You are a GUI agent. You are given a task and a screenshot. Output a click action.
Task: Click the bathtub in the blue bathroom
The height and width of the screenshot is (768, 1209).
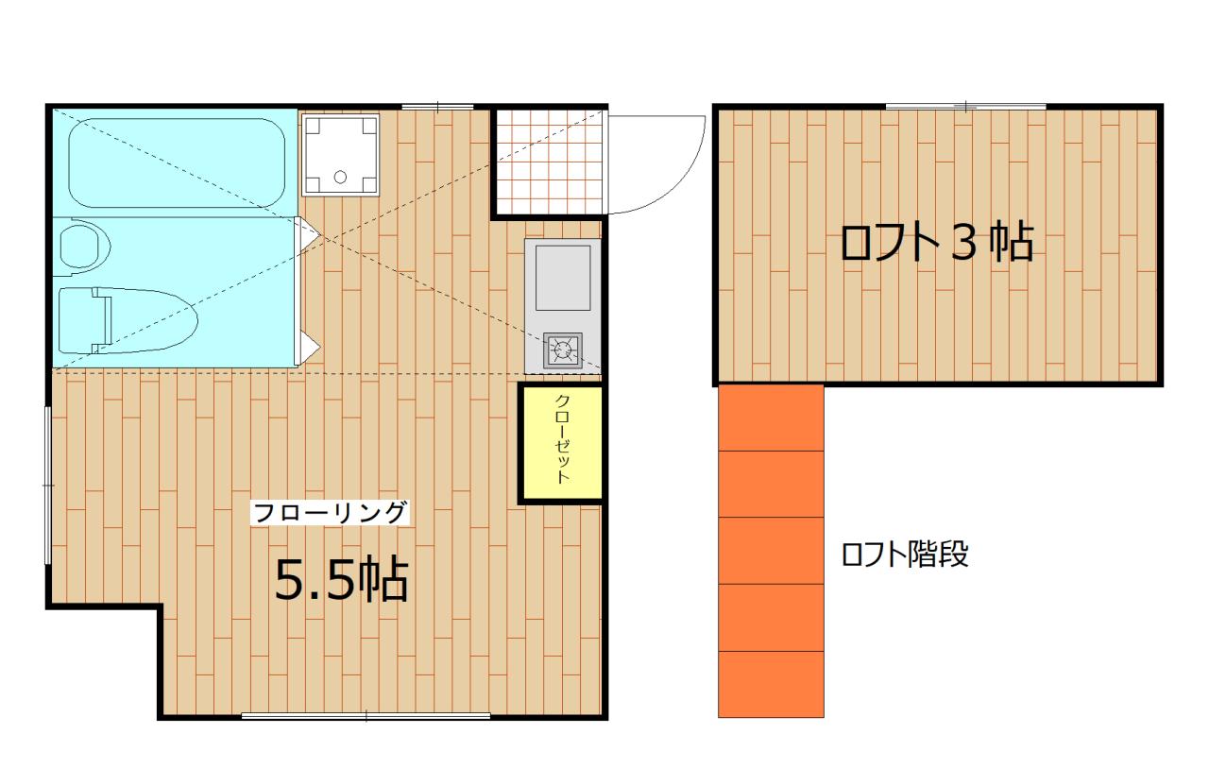pos(176,162)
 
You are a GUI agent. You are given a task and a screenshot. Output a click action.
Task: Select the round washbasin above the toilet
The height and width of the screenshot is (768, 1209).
pos(85,246)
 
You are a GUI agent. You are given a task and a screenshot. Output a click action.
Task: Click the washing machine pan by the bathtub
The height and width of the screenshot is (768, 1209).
pos(339,155)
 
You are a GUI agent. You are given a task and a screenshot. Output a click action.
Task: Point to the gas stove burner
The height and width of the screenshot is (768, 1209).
pos(563,351)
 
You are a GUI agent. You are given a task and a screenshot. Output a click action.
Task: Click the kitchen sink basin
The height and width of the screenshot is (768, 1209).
pos(563,277)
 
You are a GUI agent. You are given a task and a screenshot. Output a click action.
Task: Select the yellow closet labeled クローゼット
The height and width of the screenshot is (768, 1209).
pos(561,442)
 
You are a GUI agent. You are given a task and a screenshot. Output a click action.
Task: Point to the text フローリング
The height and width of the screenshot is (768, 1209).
pos(330,513)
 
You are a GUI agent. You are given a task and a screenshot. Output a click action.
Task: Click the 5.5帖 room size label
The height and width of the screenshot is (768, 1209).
pos(341,580)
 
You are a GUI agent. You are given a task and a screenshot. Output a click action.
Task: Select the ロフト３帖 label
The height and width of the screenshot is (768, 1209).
pos(936,244)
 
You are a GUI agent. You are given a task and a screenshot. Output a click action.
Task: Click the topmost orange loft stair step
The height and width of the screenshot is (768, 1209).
pos(772,418)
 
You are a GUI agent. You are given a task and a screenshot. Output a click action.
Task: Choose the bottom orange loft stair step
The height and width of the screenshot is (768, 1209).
pos(772,684)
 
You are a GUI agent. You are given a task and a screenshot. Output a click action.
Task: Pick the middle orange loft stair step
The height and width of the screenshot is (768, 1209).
pos(772,551)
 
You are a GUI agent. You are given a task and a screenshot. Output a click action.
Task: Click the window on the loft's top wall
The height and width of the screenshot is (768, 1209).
pos(965,106)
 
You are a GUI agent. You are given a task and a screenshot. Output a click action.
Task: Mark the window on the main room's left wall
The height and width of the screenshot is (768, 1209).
pos(48,485)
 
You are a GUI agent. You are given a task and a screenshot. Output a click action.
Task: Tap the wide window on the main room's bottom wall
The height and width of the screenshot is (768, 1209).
pos(366,716)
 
